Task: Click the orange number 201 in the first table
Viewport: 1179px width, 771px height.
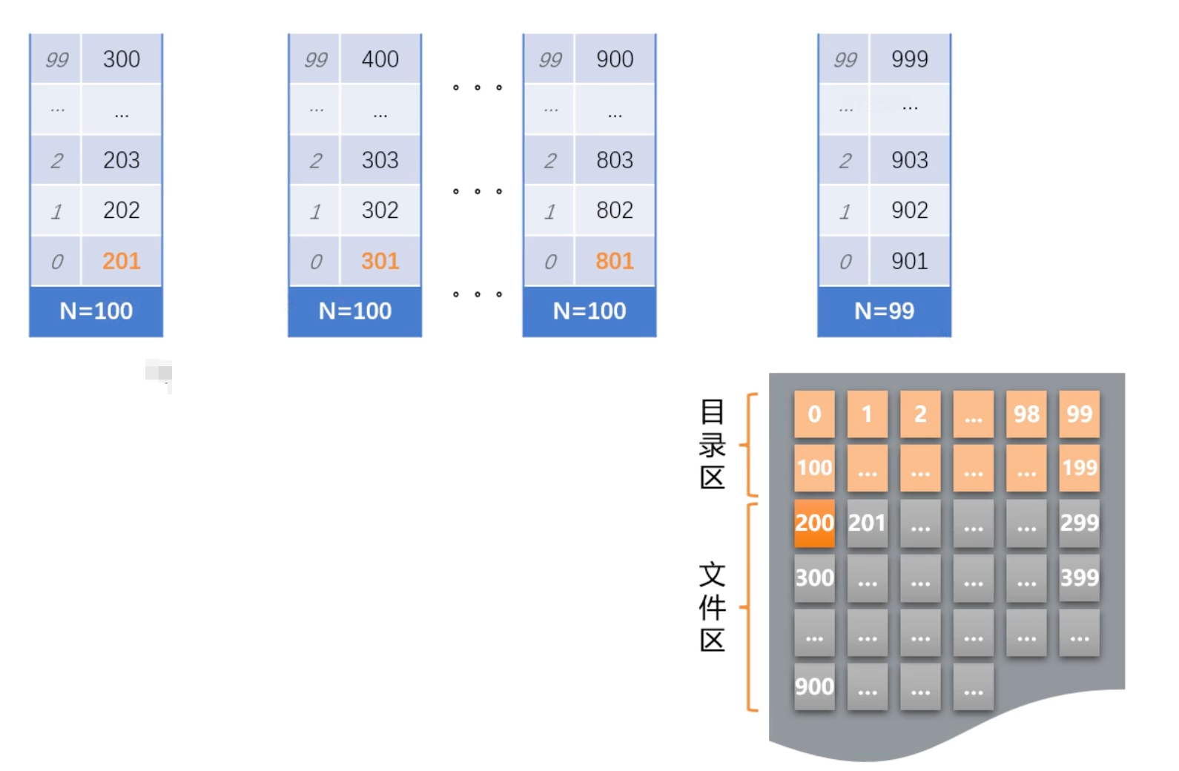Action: pyautogui.click(x=122, y=261)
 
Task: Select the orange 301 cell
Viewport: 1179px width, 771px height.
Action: pyautogui.click(x=380, y=261)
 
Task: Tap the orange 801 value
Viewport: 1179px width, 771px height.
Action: pyautogui.click(x=615, y=261)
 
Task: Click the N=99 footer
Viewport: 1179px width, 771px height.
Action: pyautogui.click(x=884, y=311)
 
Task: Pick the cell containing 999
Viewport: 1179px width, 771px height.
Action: pyautogui.click(x=910, y=59)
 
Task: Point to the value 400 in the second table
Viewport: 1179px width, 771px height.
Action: pyautogui.click(x=380, y=59)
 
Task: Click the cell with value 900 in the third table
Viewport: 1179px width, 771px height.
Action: pyautogui.click(x=615, y=59)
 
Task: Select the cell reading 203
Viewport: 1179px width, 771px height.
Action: pyautogui.click(x=122, y=160)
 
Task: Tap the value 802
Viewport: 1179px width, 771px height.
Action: pyautogui.click(x=615, y=211)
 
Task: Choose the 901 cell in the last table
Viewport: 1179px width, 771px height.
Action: pyautogui.click(x=910, y=261)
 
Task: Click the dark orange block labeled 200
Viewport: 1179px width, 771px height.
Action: pyautogui.click(x=814, y=523)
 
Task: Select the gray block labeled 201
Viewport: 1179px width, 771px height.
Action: pyautogui.click(x=867, y=523)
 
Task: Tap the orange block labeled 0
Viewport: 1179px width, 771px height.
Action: pyautogui.click(x=814, y=414)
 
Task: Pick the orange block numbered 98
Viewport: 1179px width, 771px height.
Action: pyautogui.click(x=1026, y=414)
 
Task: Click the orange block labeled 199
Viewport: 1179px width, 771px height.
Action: pyautogui.click(x=1079, y=468)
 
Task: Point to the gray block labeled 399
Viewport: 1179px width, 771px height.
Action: pyautogui.click(x=1079, y=578)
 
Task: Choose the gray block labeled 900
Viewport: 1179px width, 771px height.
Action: pyautogui.click(x=814, y=686)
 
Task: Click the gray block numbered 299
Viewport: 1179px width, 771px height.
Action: pyautogui.click(x=1079, y=523)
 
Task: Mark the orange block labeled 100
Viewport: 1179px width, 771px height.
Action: pyautogui.click(x=814, y=468)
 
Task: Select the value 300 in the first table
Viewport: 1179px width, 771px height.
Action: pyautogui.click(x=122, y=59)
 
